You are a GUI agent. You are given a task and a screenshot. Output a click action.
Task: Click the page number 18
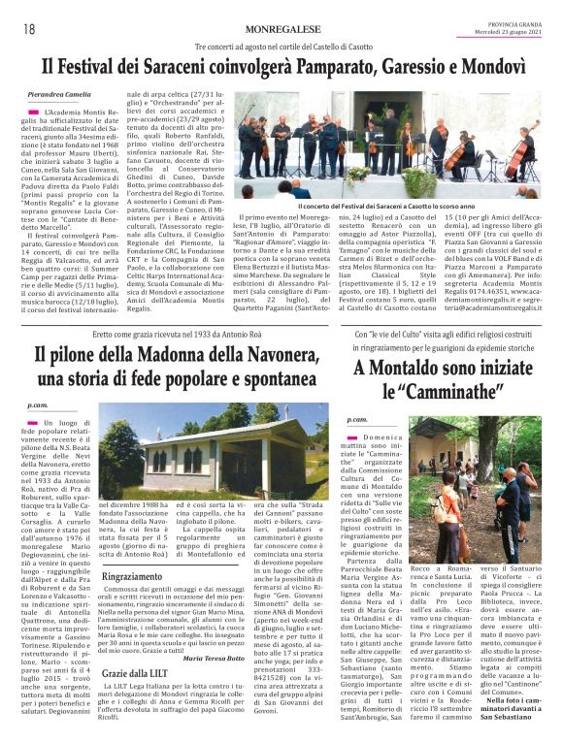tap(28, 29)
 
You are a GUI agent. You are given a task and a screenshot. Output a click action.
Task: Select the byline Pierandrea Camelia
tap(60, 93)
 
